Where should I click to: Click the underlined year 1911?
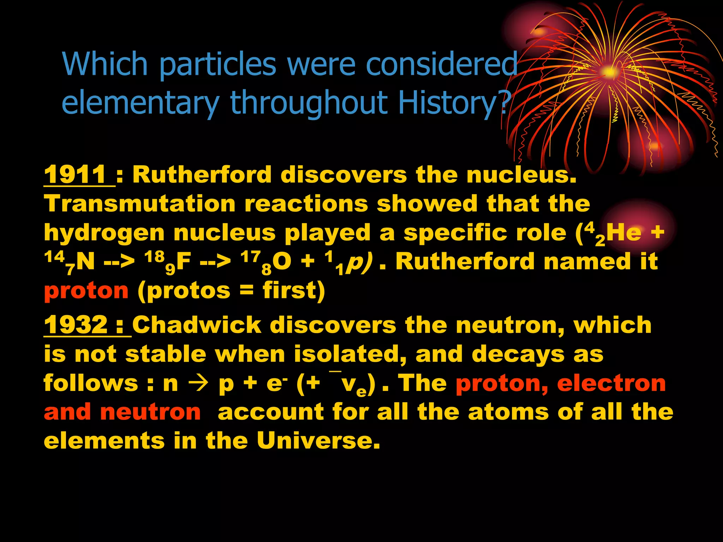(75, 175)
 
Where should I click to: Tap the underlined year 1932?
(76, 325)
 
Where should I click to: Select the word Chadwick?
(197, 325)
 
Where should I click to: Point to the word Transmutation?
(140, 204)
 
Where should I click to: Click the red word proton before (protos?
(86, 291)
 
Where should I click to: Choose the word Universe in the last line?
(318, 441)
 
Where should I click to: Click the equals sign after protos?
(246, 291)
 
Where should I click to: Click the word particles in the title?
(217, 64)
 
